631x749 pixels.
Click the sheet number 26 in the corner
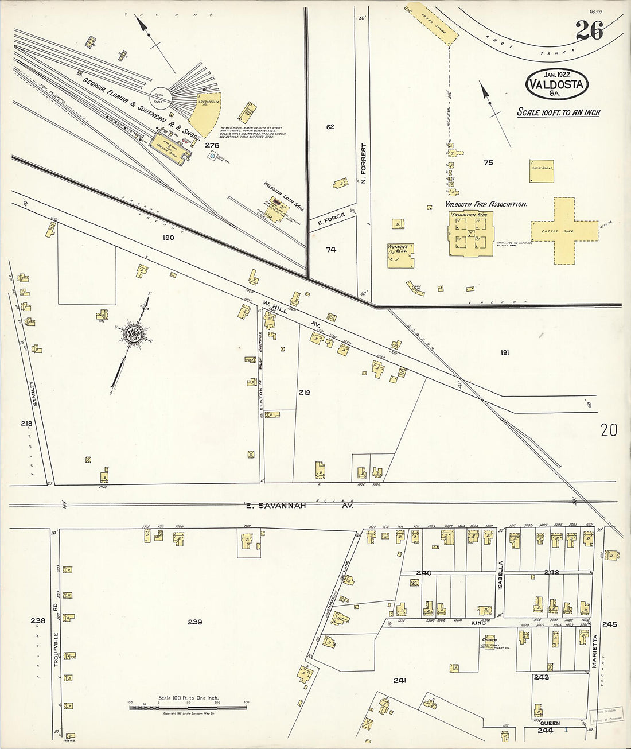click(x=589, y=30)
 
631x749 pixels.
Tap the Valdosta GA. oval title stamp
click(x=556, y=84)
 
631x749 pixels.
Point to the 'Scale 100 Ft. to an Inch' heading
click(x=558, y=112)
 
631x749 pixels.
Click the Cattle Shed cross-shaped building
click(x=562, y=231)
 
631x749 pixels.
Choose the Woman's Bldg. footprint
click(x=400, y=256)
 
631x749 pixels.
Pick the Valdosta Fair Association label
click(x=486, y=204)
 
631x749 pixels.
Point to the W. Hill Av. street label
click(x=291, y=313)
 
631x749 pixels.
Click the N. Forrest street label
click(x=363, y=163)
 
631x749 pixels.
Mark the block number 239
click(x=195, y=622)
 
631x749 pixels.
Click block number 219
click(x=304, y=393)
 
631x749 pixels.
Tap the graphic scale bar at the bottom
click(x=188, y=707)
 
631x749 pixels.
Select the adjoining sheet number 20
click(x=609, y=430)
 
